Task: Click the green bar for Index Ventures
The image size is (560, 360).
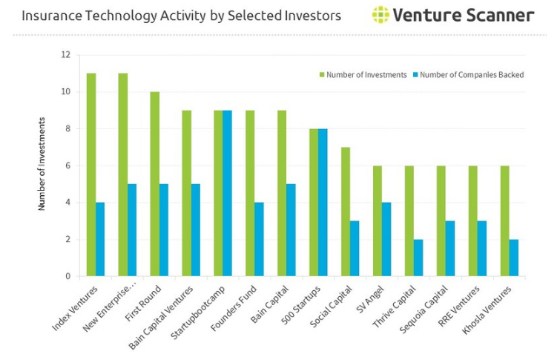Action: [x=91, y=174]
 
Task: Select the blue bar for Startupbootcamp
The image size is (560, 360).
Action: [x=227, y=193]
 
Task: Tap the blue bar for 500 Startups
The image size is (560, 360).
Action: [x=323, y=203]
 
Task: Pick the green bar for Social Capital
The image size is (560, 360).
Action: [x=346, y=212]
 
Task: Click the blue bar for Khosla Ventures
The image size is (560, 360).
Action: [x=513, y=258]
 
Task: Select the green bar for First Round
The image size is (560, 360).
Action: [x=154, y=184]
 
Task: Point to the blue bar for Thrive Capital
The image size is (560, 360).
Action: [x=418, y=258]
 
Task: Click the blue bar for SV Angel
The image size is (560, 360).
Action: [x=386, y=239]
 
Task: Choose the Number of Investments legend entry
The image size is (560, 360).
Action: [x=363, y=75]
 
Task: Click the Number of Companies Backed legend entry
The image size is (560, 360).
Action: [x=468, y=75]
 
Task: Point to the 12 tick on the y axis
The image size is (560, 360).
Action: [x=66, y=55]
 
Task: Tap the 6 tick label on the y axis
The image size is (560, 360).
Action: [x=67, y=166]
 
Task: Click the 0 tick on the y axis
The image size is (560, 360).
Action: [x=67, y=276]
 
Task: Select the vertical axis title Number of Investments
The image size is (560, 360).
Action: [x=42, y=164]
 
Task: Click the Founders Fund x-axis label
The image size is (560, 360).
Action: [x=234, y=308]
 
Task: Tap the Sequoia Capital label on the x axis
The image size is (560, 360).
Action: [x=424, y=310]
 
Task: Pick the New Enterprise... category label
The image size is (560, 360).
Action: [x=109, y=309]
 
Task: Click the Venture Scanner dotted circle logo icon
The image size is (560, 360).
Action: [x=381, y=15]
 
